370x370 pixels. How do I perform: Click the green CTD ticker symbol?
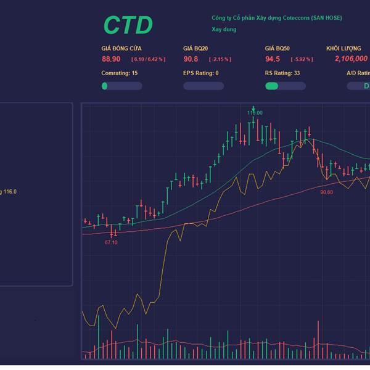pyautogui.click(x=128, y=25)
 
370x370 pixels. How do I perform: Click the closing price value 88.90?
pyautogui.click(x=111, y=59)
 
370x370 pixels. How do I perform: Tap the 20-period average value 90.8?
pyautogui.click(x=191, y=59)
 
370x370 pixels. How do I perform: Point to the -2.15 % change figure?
pyautogui.click(x=220, y=59)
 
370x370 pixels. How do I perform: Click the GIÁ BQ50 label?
pyautogui.click(x=277, y=47)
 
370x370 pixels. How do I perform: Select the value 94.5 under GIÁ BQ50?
pyautogui.click(x=273, y=59)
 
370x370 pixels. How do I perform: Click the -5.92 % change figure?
pyautogui.click(x=302, y=59)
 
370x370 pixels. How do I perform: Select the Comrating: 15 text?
pyautogui.click(x=120, y=73)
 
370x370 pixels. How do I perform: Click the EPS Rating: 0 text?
pyautogui.click(x=201, y=73)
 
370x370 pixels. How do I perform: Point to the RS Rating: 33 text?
pyautogui.click(x=282, y=73)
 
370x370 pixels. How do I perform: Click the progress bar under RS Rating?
pyautogui.click(x=286, y=86)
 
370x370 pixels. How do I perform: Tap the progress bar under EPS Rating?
pyautogui.click(x=203, y=86)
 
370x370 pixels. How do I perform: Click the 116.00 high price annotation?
pyautogui.click(x=255, y=113)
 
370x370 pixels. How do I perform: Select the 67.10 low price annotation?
pyautogui.click(x=111, y=242)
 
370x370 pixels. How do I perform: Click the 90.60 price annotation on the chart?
pyautogui.click(x=326, y=192)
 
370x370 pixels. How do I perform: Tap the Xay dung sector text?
pyautogui.click(x=224, y=29)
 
